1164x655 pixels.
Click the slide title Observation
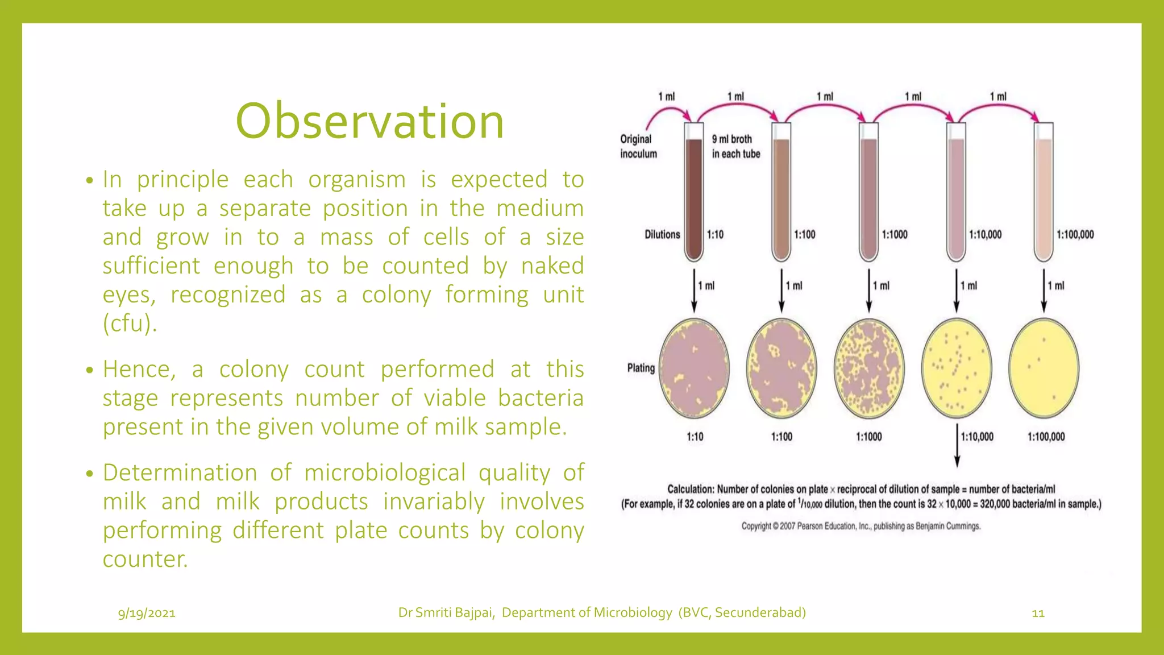pyautogui.click(x=369, y=121)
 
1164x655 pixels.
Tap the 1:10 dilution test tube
pyautogui.click(x=693, y=193)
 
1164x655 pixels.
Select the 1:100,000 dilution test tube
pyautogui.click(x=1044, y=193)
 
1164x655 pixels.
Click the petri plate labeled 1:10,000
pyautogui.click(x=957, y=368)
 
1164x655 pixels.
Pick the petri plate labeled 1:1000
pyautogui.click(x=869, y=368)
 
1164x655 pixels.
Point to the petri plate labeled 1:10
pyautogui.click(x=694, y=368)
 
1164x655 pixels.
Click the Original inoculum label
pyautogui.click(x=638, y=146)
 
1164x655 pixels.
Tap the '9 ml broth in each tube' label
pyautogui.click(x=735, y=146)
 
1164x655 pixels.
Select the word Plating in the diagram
pyautogui.click(x=641, y=368)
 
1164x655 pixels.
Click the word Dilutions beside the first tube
pyautogui.click(x=662, y=234)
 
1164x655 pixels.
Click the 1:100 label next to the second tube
pyautogui.click(x=804, y=234)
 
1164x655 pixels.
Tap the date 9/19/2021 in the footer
pyautogui.click(x=147, y=613)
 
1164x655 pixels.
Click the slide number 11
pyautogui.click(x=1038, y=613)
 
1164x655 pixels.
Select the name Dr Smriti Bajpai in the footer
pyautogui.click(x=446, y=612)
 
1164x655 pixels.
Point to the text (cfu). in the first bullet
pyautogui.click(x=130, y=324)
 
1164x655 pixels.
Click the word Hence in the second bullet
pyautogui.click(x=139, y=370)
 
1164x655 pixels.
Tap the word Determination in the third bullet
pyautogui.click(x=180, y=473)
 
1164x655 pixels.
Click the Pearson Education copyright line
pyautogui.click(x=860, y=526)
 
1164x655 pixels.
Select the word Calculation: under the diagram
pyautogui.click(x=690, y=489)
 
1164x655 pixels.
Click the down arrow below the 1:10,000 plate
pyautogui.click(x=957, y=446)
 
